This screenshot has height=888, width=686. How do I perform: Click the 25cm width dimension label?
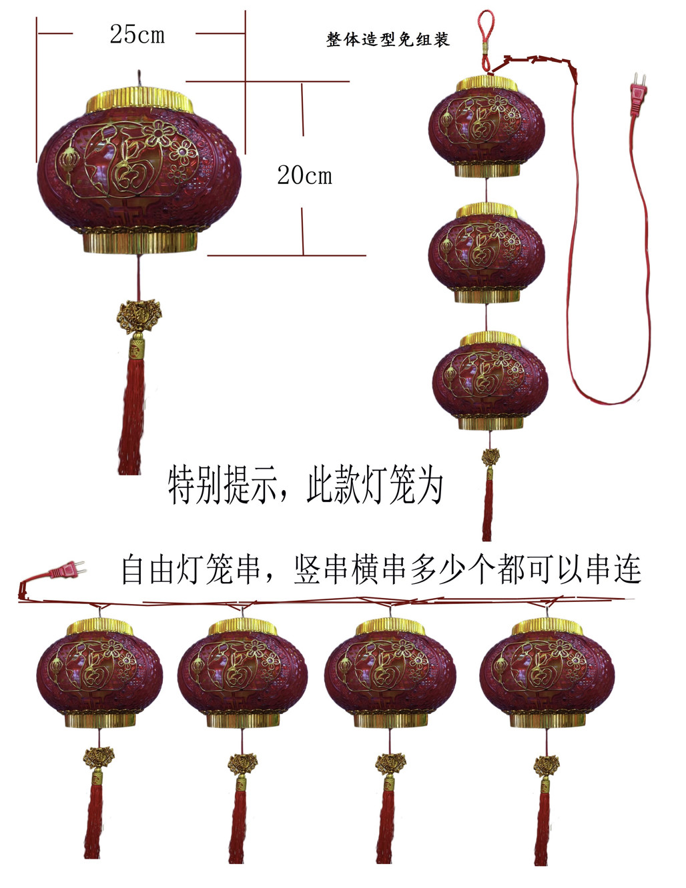click(137, 34)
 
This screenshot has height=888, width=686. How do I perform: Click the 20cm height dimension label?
click(304, 175)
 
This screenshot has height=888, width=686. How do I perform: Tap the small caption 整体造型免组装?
click(388, 40)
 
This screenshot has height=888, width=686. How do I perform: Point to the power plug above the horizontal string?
click(67, 570)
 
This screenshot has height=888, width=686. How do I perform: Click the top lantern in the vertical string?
click(486, 127)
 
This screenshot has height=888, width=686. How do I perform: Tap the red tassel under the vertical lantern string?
click(488, 510)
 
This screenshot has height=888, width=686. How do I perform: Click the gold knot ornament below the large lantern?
click(138, 317)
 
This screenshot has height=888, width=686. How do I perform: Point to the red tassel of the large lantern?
click(131, 413)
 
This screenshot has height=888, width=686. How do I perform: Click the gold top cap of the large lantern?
click(140, 100)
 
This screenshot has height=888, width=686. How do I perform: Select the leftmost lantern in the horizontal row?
click(99, 673)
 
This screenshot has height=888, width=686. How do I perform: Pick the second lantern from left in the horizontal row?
click(242, 673)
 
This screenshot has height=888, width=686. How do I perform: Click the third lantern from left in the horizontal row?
click(390, 673)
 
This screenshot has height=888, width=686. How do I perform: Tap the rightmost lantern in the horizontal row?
click(547, 673)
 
